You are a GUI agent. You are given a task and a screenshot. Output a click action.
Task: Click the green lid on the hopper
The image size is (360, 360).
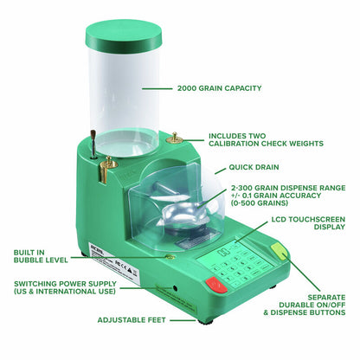(124, 35)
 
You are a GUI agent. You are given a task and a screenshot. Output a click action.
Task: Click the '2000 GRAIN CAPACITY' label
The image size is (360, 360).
(220, 87)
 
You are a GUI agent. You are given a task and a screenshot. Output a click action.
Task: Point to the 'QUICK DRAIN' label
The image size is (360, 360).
(254, 168)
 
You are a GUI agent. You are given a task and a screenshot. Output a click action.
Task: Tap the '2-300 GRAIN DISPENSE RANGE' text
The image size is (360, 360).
(277, 196)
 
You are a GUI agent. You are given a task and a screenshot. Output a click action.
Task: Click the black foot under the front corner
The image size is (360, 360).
(205, 318)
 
